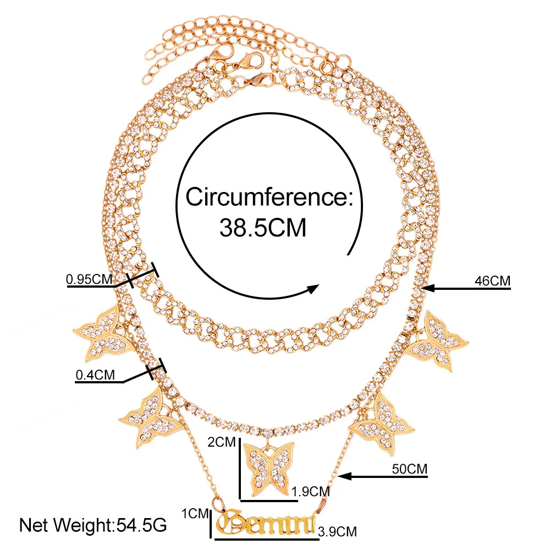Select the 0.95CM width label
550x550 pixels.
click(x=89, y=279)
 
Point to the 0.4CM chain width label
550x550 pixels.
click(x=95, y=376)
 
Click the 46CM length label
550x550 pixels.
click(x=492, y=281)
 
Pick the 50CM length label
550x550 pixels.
click(x=409, y=469)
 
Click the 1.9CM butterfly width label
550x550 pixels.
click(x=311, y=491)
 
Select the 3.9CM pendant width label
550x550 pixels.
click(x=337, y=531)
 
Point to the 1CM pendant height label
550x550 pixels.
click(x=196, y=514)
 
